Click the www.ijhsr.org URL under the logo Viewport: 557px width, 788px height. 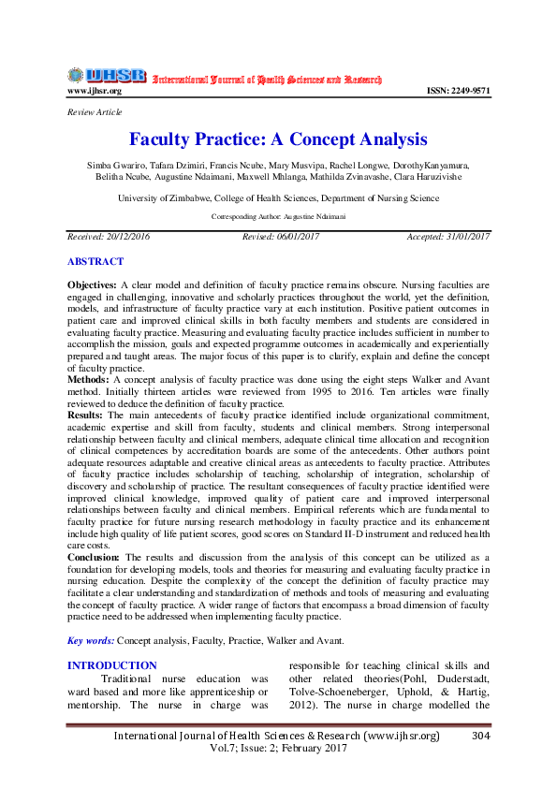pos(94,92)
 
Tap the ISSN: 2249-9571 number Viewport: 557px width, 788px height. pos(458,92)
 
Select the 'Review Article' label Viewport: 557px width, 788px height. pos(92,112)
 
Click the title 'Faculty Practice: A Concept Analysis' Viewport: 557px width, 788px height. pos(278,140)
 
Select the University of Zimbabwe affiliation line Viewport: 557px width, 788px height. pos(278,198)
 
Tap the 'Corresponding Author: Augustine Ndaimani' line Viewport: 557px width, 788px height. pos(278,216)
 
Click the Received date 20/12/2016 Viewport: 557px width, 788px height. pos(109,237)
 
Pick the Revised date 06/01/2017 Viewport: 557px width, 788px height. pos(281,237)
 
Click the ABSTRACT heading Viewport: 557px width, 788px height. pos(95,261)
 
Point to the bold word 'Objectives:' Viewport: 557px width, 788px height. pos(92,283)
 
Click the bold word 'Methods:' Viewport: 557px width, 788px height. pos(87,378)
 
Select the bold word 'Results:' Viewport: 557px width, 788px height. pos(86,414)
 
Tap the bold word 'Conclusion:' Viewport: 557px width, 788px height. pos(94,557)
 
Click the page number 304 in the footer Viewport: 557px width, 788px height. pos(482,737)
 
